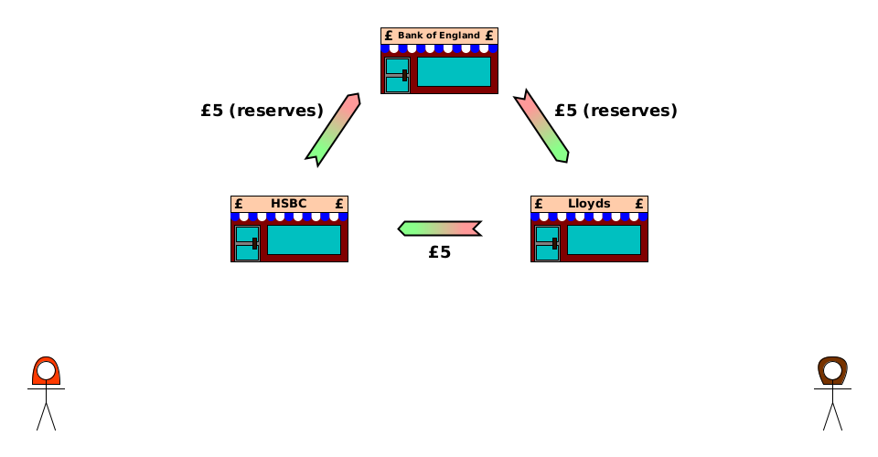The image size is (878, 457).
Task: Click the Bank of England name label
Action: point(439,36)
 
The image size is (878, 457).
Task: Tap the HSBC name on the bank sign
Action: point(289,204)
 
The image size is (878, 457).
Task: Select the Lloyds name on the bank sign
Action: point(589,204)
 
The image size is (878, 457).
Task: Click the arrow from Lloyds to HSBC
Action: point(440,228)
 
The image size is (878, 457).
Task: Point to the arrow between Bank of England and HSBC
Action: point(333,129)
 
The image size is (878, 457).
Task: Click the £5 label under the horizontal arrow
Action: point(440,253)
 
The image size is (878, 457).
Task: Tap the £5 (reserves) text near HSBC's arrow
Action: point(262,111)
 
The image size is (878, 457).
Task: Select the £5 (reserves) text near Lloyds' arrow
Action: point(616,111)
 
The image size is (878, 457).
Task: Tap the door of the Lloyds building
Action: point(547,243)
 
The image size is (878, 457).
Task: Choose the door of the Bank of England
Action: point(397,75)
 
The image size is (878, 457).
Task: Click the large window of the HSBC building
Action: point(304,239)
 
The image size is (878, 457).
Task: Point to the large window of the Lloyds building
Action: point(604,239)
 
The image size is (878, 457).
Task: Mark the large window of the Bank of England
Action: point(454,71)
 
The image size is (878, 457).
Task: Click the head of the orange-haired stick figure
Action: point(46,372)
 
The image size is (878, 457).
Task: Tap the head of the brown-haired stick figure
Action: point(832,372)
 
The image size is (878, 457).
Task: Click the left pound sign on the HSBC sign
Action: point(239,204)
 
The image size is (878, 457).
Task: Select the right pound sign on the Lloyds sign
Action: point(639,204)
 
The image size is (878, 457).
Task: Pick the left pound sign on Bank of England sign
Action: point(389,36)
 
